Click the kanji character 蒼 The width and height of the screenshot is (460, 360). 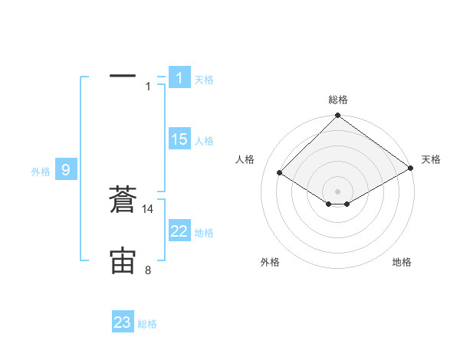[123, 201]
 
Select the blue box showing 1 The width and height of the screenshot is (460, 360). [179, 77]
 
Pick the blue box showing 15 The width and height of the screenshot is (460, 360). [179, 139]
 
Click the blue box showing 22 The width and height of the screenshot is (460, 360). [179, 231]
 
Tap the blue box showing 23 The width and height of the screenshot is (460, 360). [122, 322]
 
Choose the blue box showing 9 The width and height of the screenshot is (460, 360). [66, 170]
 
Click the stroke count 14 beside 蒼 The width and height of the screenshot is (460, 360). [148, 209]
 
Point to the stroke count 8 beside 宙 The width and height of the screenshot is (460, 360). [148, 270]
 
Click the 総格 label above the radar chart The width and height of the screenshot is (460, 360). [338, 100]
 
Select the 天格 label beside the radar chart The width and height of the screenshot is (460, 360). [431, 159]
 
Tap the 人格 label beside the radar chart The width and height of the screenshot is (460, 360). [245, 159]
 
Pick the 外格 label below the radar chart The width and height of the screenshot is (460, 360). [269, 262]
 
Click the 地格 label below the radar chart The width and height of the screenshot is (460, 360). [402, 262]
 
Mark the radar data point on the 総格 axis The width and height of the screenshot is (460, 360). [337, 116]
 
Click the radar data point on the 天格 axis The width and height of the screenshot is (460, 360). [411, 169]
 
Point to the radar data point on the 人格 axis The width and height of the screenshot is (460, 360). [280, 173]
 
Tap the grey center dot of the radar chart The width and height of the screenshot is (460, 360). [337, 191]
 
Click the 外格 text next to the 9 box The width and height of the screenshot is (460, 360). [41, 172]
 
